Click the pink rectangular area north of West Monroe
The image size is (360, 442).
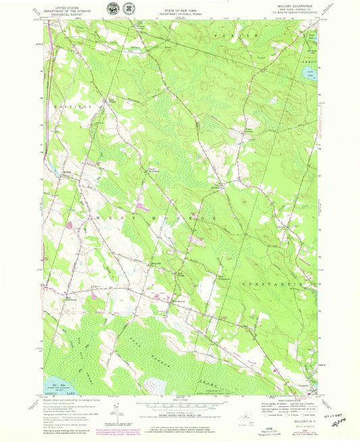click(x=143, y=205)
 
